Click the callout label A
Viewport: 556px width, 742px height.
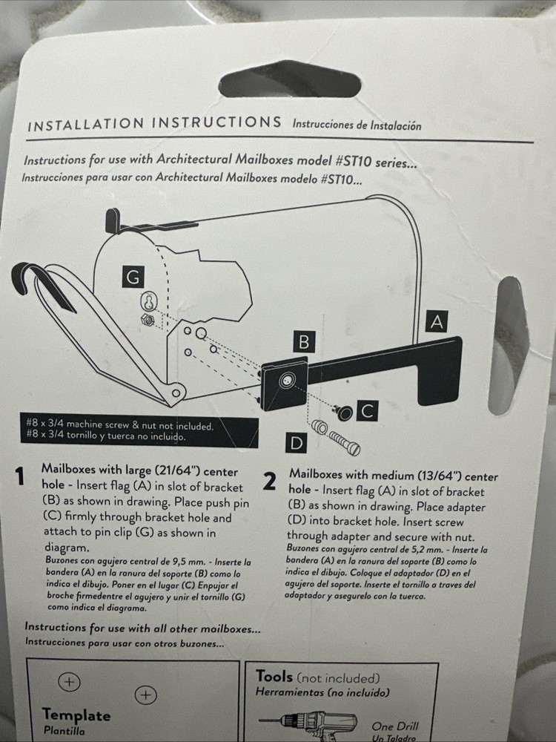pyautogui.click(x=437, y=321)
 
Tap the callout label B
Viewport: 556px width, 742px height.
pyautogui.click(x=302, y=342)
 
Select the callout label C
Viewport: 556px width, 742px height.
pyautogui.click(x=369, y=410)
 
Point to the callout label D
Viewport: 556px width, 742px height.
pyautogui.click(x=297, y=444)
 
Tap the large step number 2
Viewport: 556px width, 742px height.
pyautogui.click(x=271, y=482)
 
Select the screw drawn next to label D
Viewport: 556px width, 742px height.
pyautogui.click(x=337, y=439)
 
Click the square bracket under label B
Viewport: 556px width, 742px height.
pyautogui.click(x=284, y=383)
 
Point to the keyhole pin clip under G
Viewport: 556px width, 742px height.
pyautogui.click(x=149, y=302)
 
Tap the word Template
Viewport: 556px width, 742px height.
pyautogui.click(x=76, y=715)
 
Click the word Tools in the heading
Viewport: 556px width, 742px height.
pyautogui.click(x=274, y=676)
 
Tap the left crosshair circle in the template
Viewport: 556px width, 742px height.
pyautogui.click(x=68, y=680)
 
